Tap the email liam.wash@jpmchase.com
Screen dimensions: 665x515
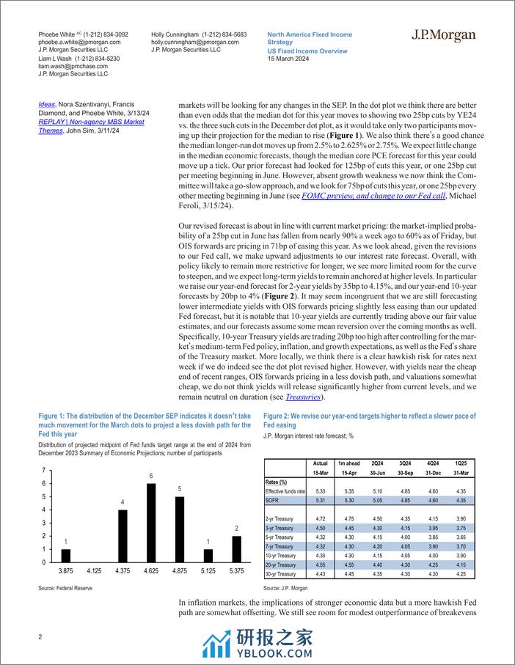tap(66, 66)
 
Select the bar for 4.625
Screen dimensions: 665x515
tap(151, 523)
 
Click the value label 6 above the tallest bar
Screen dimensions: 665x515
tap(151, 477)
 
